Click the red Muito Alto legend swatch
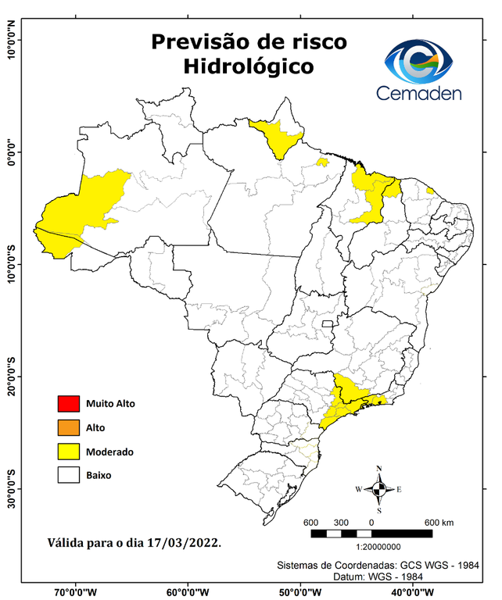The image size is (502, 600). [x=69, y=404]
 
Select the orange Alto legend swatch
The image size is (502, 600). [x=69, y=427]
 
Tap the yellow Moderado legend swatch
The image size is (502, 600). [x=69, y=451]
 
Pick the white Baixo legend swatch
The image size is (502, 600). [x=69, y=474]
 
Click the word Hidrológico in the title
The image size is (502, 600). [x=249, y=67]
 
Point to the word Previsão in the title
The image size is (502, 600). [x=201, y=41]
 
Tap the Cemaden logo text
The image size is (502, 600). [x=420, y=93]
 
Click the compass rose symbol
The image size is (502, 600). [x=379, y=490]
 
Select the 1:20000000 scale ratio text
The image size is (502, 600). [x=371, y=548]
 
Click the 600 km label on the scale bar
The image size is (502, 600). [x=438, y=523]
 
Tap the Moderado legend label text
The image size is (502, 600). [x=109, y=452]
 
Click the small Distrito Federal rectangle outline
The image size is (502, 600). [x=328, y=323]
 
